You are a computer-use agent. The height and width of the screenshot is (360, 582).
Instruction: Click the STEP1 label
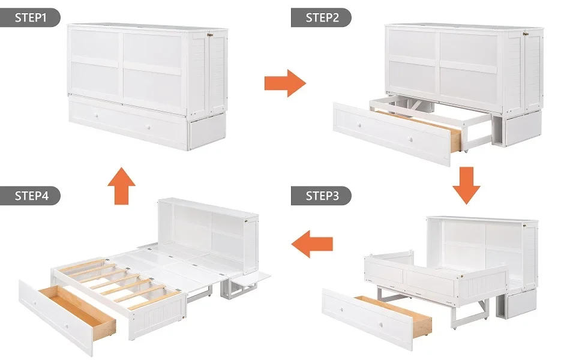30,17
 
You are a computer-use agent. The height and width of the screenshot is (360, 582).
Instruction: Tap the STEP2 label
321,17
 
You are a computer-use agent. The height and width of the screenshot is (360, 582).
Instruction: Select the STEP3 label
321,196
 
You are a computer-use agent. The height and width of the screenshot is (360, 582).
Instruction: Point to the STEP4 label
30,196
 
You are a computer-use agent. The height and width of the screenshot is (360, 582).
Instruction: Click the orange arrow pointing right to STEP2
285,83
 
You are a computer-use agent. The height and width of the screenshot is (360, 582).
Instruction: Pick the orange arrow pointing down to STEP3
466,187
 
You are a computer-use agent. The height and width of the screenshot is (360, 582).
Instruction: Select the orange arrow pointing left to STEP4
311,243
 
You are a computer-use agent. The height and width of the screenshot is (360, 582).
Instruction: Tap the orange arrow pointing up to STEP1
122,186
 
